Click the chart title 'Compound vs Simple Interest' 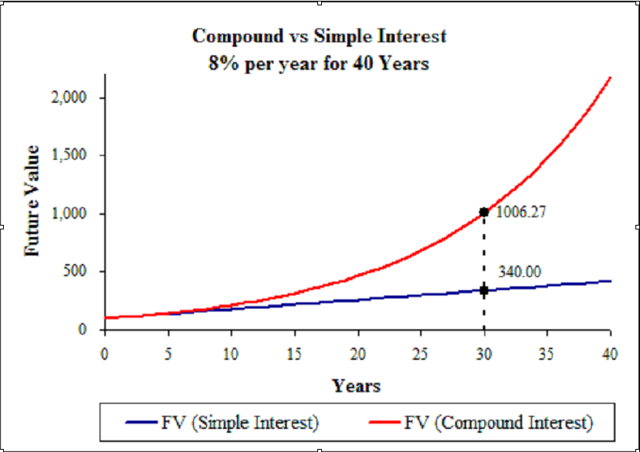319,36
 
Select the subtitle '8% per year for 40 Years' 319,64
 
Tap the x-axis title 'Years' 356,384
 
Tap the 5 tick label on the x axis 167,354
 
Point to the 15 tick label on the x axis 294,354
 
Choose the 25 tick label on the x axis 420,354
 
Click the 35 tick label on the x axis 546,354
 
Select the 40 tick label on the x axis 609,354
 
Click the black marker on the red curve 484,212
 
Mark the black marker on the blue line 484,290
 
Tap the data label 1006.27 521,213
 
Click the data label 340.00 520,271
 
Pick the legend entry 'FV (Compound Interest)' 499,422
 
